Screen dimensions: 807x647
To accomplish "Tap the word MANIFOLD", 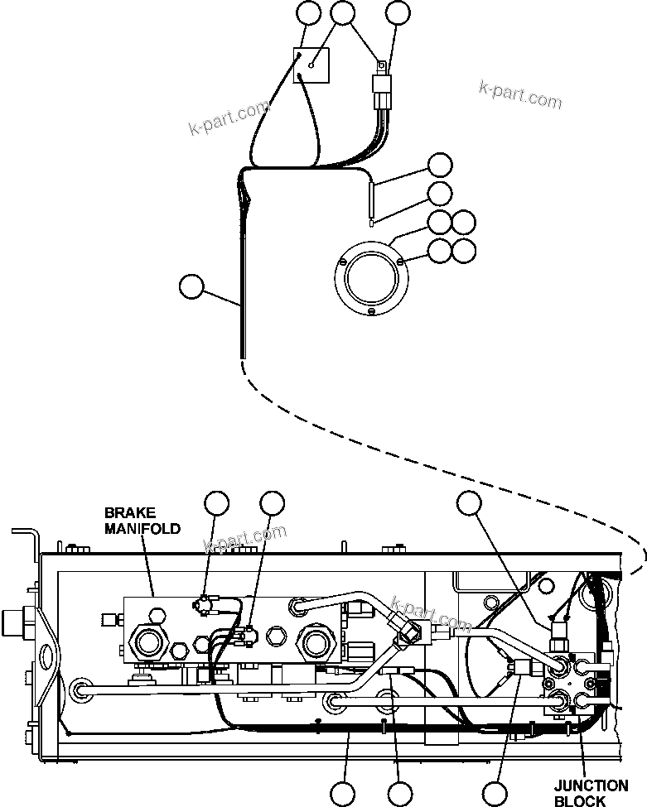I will (x=142, y=529).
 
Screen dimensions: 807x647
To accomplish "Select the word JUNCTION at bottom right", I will (x=591, y=786).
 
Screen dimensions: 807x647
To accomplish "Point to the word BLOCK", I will (x=580, y=801).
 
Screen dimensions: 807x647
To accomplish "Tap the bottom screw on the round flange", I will (x=372, y=311).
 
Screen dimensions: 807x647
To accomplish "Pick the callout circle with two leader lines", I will (x=343, y=13).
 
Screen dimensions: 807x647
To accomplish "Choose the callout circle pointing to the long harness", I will (x=191, y=287).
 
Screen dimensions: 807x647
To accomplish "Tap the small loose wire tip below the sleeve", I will (x=373, y=221).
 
